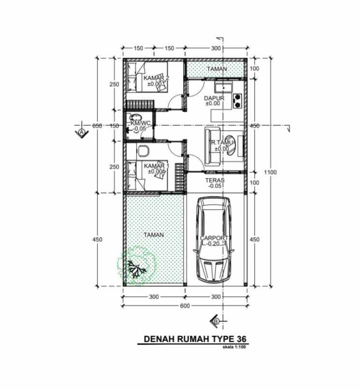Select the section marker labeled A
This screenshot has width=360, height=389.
pyautogui.click(x=82, y=132)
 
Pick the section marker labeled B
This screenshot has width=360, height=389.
pyautogui.click(x=216, y=320)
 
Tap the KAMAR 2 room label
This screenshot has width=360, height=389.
pyautogui.click(x=156, y=78)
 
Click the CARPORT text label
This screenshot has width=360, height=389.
pyautogui.click(x=213, y=239)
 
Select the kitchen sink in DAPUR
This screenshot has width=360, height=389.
pyautogui.click(x=225, y=88)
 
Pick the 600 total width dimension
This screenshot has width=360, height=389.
pyautogui.click(x=185, y=305)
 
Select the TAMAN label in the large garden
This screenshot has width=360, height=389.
pyautogui.click(x=154, y=234)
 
